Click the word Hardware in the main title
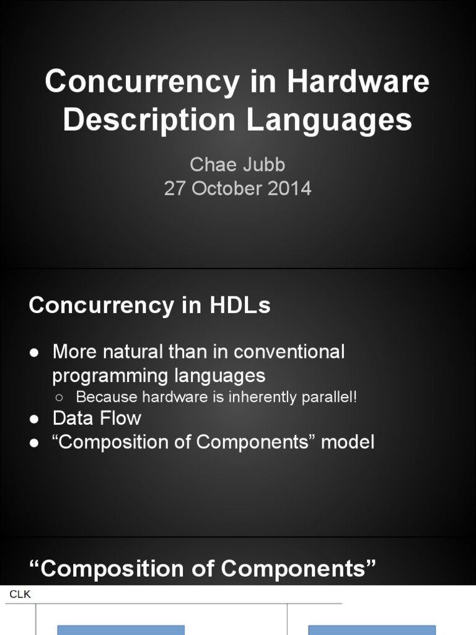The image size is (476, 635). (358, 81)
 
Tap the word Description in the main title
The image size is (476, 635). (149, 120)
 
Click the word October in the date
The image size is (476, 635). (227, 189)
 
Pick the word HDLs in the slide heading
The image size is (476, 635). (240, 305)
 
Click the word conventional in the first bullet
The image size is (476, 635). (289, 352)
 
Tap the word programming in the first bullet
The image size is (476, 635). (110, 376)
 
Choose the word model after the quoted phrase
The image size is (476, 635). (348, 442)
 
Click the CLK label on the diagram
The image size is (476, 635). (20, 594)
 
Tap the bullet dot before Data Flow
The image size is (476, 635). (34, 419)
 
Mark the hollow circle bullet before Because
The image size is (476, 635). (59, 397)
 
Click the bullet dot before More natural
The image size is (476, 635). (34, 352)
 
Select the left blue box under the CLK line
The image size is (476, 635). (121, 630)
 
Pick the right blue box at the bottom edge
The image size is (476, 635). (372, 630)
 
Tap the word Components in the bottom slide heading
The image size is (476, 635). (293, 569)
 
